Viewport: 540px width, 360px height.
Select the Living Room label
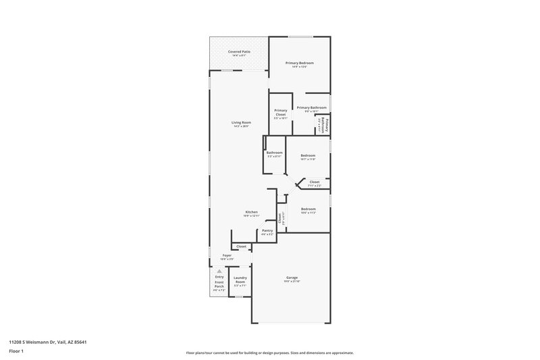coord(241,122)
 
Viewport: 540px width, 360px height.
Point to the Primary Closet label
coord(281,112)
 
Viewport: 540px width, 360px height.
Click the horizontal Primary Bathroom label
coord(312,107)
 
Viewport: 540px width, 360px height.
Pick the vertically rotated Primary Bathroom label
coord(323,125)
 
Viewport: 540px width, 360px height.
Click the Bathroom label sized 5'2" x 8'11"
coord(274,153)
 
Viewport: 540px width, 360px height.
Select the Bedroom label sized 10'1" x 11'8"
coord(308,155)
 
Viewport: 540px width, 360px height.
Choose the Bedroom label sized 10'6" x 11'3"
coord(308,209)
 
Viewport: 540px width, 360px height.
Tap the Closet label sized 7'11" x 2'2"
coord(315,182)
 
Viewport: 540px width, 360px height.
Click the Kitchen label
coord(251,212)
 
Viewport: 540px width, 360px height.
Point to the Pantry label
coord(267,230)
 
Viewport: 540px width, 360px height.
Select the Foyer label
coord(227,255)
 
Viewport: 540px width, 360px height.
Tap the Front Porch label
coord(219,284)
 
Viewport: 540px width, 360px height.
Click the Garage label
coord(292,278)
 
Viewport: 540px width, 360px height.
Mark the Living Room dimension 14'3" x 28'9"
coord(241,126)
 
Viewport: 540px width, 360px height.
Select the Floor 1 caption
coord(16,352)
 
